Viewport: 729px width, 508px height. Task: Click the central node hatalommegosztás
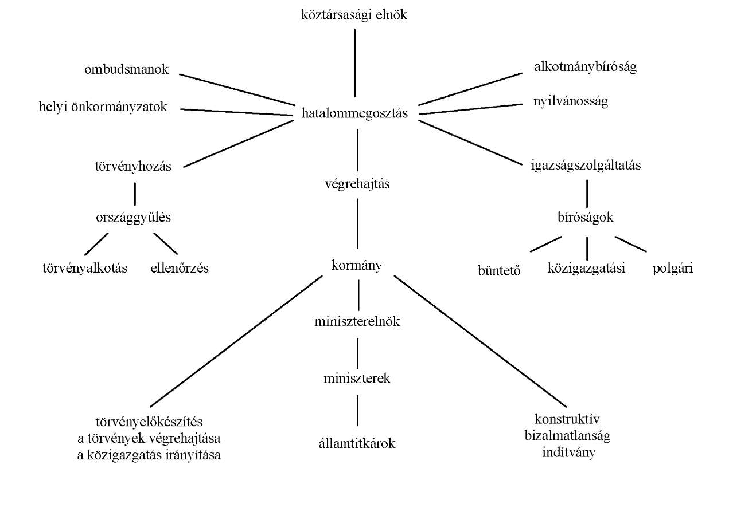[x=354, y=113]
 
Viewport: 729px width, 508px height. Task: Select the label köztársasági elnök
[x=354, y=15]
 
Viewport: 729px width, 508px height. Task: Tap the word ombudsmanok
[x=127, y=69]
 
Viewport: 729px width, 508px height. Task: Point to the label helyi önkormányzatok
[x=103, y=107]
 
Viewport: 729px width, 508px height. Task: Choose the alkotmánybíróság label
[x=585, y=67]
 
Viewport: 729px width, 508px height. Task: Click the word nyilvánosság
[x=571, y=101]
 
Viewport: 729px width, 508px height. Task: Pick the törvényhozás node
[x=133, y=167]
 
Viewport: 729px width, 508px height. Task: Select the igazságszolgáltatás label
[x=586, y=165]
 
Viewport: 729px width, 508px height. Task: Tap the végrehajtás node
[x=357, y=184]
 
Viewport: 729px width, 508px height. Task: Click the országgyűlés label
[x=133, y=218]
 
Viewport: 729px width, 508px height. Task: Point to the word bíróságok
[x=585, y=218]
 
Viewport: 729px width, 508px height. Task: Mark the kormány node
[x=356, y=266]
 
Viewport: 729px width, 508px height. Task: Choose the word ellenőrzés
[x=180, y=268]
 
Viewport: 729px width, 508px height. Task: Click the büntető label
[x=499, y=270]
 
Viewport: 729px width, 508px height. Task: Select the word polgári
[x=672, y=269]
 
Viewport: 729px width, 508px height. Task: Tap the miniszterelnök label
[x=357, y=321]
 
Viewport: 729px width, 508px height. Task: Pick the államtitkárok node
[x=357, y=443]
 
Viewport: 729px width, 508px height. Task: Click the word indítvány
[x=568, y=452]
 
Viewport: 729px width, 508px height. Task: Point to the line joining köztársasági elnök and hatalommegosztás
[x=354, y=63]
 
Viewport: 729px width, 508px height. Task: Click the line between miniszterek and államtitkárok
[x=357, y=411]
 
